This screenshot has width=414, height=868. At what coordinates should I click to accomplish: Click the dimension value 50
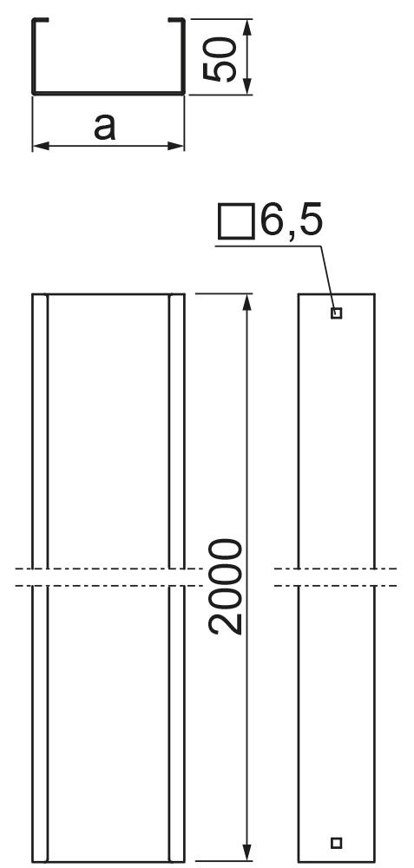coord(220,59)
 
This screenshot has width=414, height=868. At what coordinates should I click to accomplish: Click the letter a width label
coord(105,127)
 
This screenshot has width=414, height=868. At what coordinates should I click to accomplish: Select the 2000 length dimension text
coord(226,586)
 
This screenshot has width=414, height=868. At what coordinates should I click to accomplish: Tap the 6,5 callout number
coord(291,220)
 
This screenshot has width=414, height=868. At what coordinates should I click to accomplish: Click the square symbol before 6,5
coord(236,221)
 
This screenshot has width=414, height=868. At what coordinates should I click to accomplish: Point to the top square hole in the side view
coord(336,313)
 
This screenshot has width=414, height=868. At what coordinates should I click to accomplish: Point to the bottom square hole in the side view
coord(336,843)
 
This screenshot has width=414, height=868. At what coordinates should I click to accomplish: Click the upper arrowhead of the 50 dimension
coord(246,28)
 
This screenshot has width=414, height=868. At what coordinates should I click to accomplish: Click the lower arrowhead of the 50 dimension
coord(246,85)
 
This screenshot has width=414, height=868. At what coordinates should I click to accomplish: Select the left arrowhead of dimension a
coord(42,146)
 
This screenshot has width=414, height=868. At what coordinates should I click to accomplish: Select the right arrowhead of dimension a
coord(175,146)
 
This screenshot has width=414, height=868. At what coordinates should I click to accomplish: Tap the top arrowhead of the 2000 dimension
coord(246,302)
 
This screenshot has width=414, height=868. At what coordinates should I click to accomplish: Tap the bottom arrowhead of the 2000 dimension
coord(246,852)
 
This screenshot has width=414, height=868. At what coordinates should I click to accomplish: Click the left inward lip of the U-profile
coord(41,20)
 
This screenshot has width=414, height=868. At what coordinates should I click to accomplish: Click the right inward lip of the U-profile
coord(176,20)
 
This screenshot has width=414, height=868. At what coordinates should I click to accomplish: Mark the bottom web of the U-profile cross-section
coord(108,93)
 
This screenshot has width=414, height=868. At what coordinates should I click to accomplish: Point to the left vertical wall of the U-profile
coord(34,56)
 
